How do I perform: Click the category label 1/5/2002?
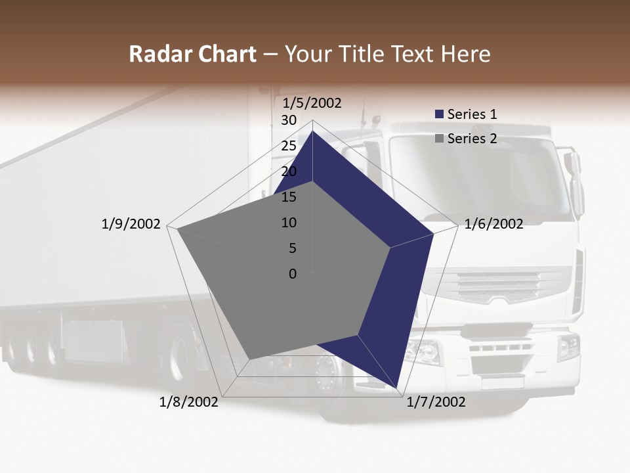(312, 102)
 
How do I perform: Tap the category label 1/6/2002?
(493, 224)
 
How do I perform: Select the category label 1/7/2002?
(436, 401)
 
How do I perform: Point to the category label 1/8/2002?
(189, 401)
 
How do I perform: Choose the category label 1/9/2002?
(131, 224)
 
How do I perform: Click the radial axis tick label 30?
(289, 120)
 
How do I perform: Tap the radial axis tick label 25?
(289, 146)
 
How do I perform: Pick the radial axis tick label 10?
(289, 223)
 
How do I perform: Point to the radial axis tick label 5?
(292, 248)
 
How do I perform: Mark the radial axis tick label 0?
(293, 274)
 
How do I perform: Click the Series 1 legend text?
(472, 114)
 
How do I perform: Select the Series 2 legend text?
(472, 139)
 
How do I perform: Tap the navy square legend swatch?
(439, 114)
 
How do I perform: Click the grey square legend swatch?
(439, 139)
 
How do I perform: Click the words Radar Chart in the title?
(192, 54)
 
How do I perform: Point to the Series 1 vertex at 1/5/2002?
(312, 131)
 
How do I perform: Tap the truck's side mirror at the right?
(575, 184)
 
